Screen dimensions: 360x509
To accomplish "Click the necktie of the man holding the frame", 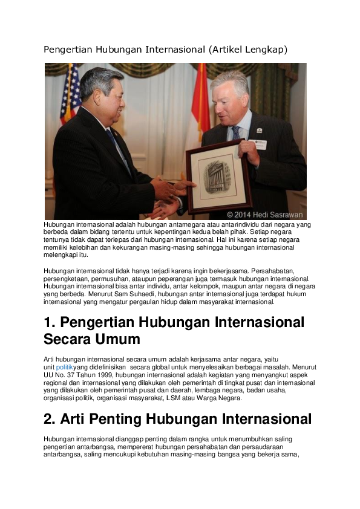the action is [237, 132].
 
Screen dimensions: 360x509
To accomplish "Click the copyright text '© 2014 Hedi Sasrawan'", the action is [264, 215].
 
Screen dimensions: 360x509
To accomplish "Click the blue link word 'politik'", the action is [64, 367].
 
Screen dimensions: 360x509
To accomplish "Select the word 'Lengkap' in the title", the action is [264, 50].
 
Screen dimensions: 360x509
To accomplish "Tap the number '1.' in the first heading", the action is [50, 322].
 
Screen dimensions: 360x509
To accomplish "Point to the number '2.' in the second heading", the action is [50, 419].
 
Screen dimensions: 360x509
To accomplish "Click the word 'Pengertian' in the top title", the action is [68, 50].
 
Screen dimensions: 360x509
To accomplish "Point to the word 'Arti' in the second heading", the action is [74, 419].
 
